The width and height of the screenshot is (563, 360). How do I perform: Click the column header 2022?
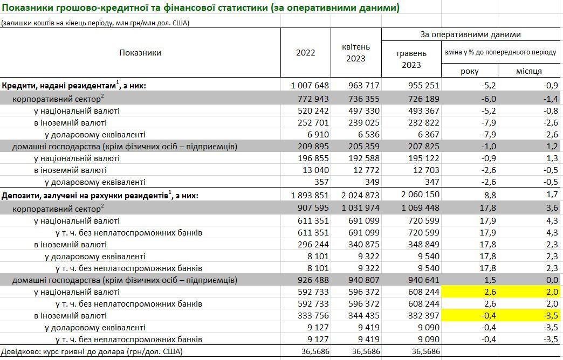coord(306,53)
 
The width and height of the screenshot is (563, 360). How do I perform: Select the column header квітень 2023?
coord(355,53)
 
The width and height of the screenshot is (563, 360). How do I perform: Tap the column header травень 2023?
coord(411,59)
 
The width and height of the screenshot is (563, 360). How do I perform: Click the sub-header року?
coord(469,71)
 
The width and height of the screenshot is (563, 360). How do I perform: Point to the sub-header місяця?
coord(529,71)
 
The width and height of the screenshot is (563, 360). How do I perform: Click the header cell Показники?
coord(140,53)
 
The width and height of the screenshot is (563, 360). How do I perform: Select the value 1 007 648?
coord(310,85)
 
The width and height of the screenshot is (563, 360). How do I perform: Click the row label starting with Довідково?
coord(92,352)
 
